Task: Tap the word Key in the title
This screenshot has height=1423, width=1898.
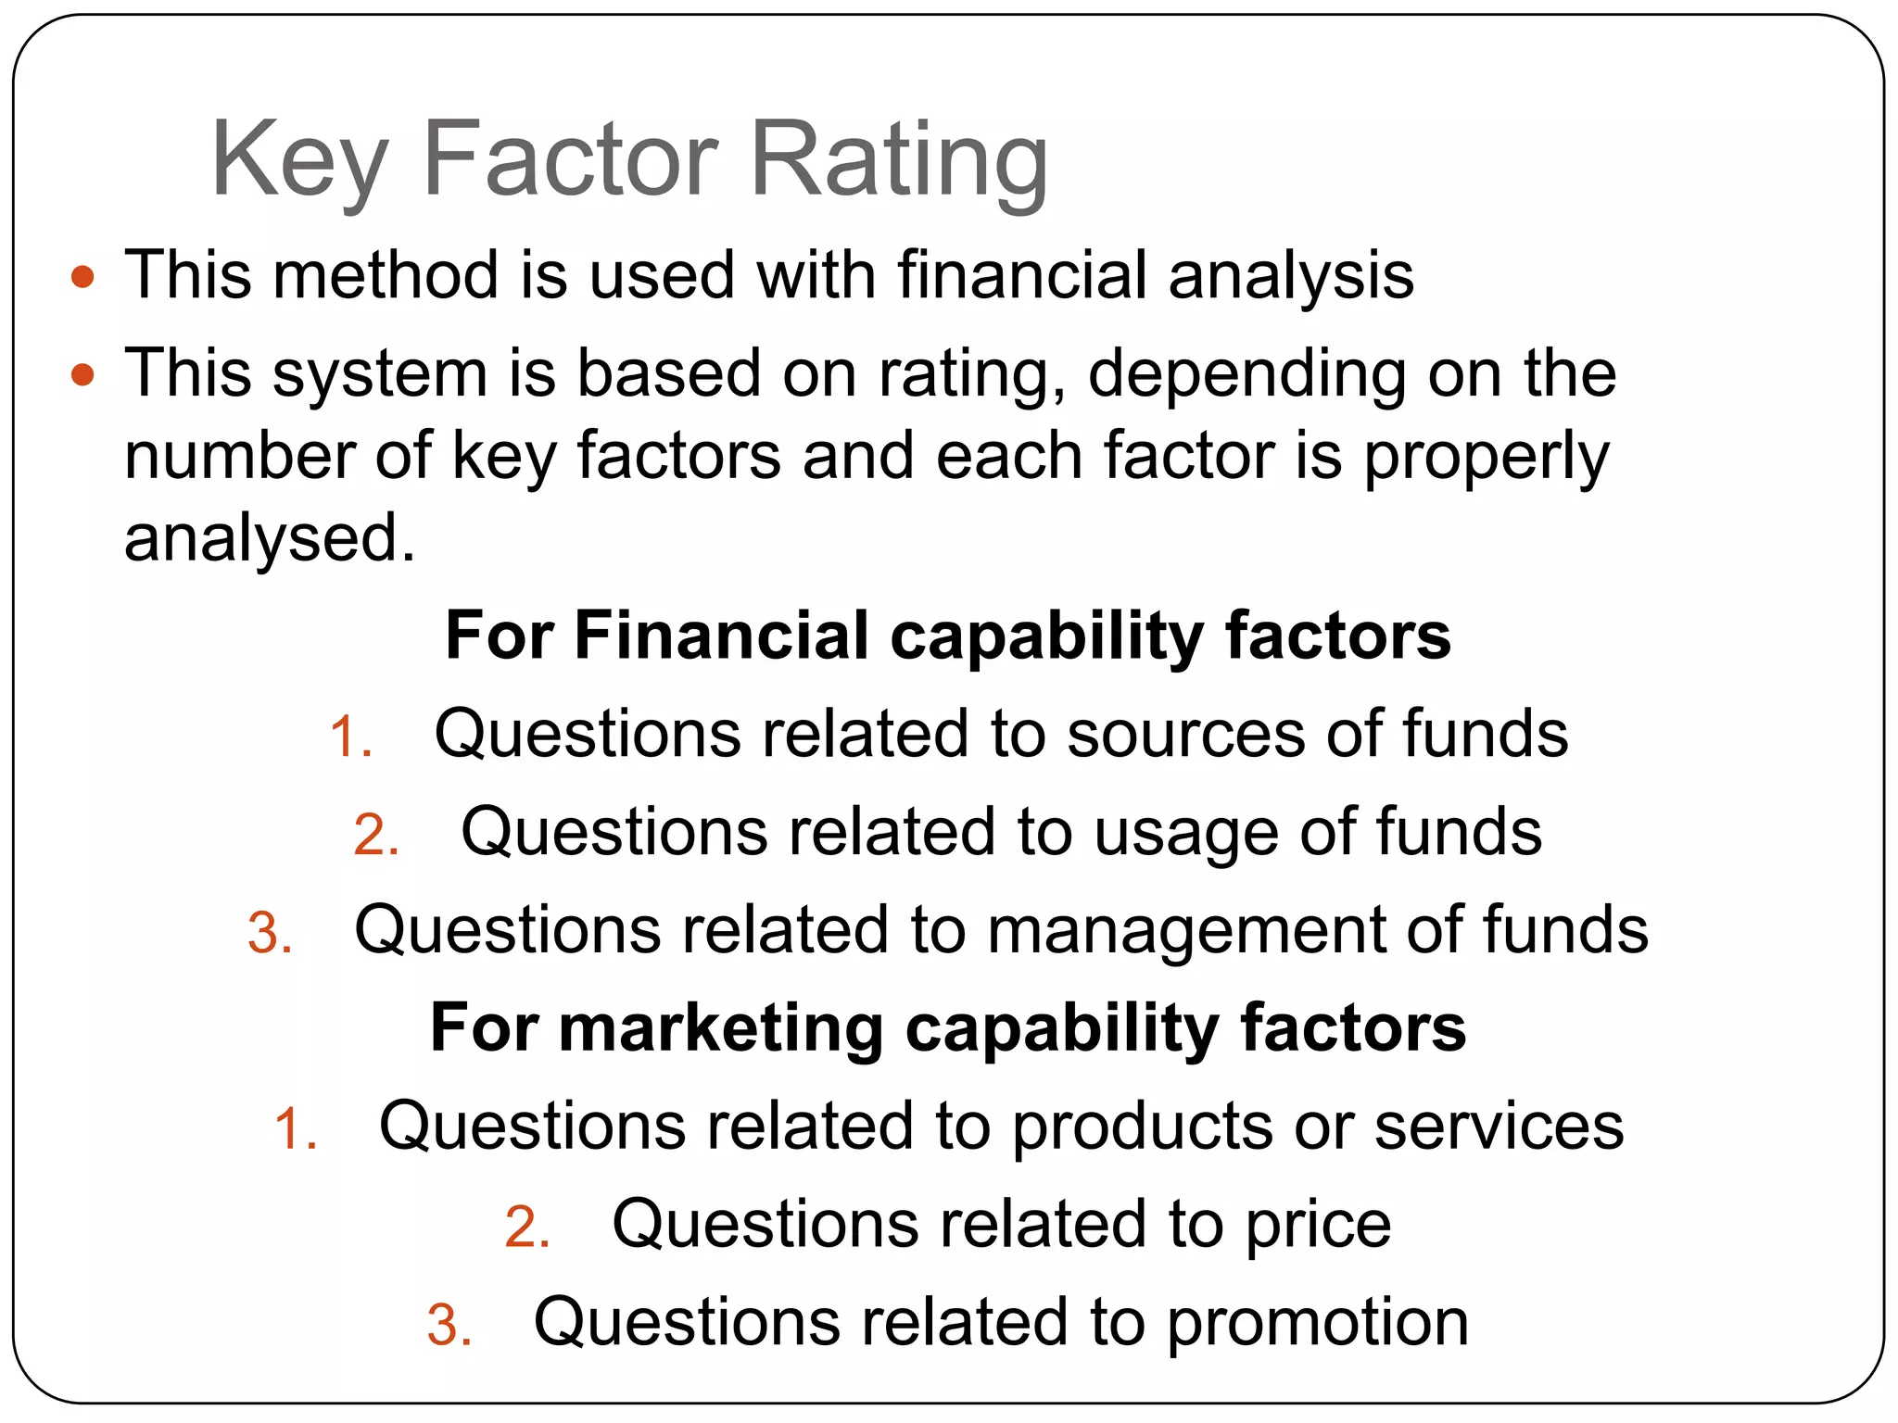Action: (298, 159)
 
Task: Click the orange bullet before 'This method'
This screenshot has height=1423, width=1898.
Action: (83, 276)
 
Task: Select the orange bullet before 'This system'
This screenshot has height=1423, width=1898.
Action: (83, 374)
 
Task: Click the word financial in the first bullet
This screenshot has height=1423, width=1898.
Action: (1021, 275)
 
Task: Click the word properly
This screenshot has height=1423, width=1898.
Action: (1487, 458)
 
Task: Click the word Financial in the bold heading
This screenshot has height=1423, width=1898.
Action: (721, 636)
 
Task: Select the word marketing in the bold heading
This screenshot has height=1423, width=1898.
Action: (721, 1028)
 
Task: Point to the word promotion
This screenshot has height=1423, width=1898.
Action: (1318, 1323)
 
